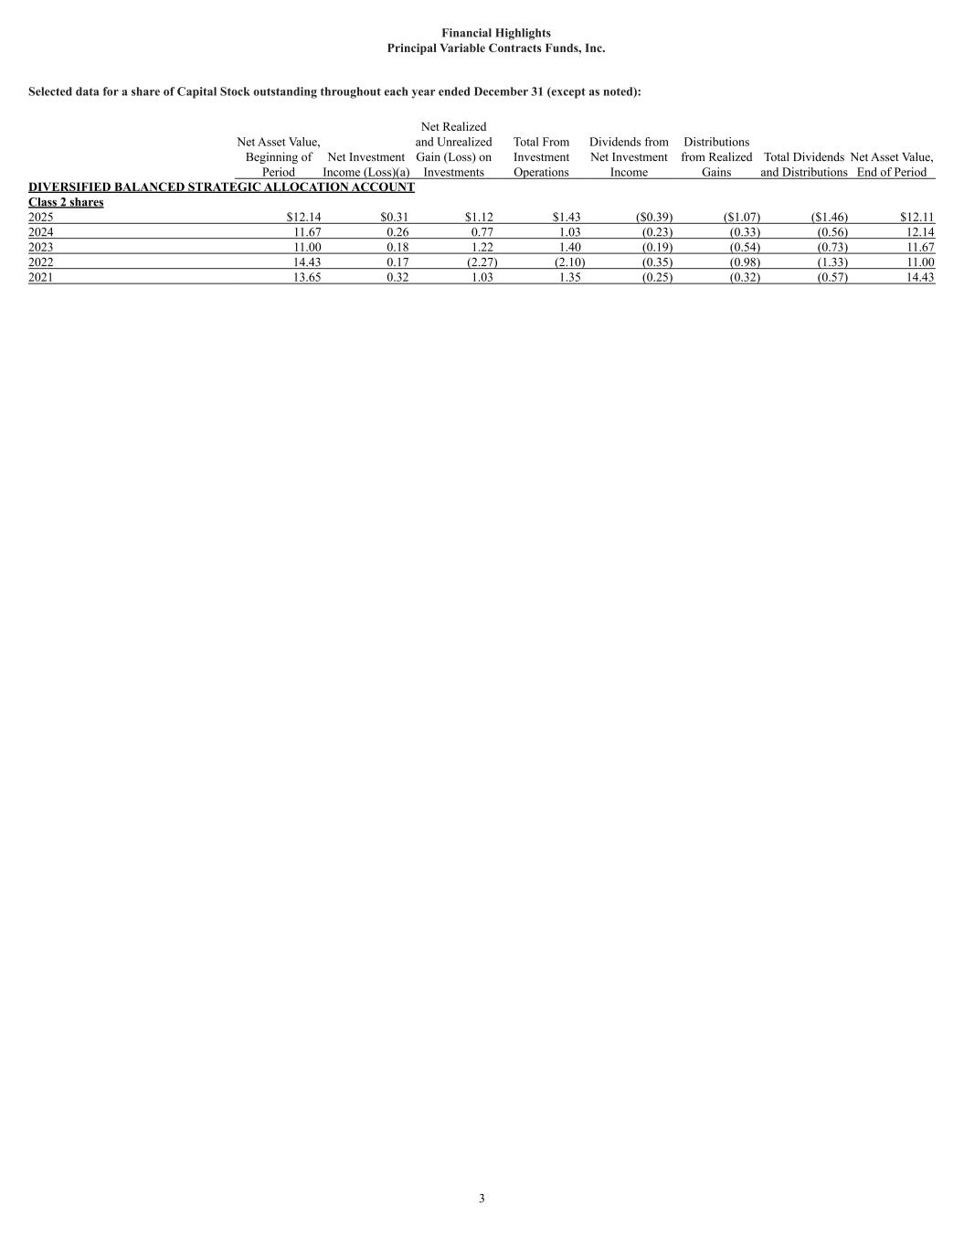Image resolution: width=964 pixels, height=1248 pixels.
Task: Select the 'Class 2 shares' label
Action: [x=66, y=202]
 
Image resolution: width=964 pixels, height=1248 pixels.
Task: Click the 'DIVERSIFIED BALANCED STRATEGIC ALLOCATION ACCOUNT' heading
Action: [x=221, y=187]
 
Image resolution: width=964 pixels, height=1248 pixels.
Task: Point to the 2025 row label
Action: [x=41, y=218]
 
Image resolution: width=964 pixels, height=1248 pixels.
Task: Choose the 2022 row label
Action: [x=41, y=262]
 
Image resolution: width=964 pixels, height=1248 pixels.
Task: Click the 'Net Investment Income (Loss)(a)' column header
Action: [x=365, y=165]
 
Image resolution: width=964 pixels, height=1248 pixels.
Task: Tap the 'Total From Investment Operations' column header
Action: [x=541, y=157]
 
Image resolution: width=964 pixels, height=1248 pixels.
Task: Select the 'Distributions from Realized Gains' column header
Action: [x=716, y=157]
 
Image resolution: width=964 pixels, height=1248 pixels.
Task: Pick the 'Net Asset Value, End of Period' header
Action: [x=892, y=165]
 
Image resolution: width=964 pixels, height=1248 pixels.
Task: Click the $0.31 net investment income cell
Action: [x=394, y=218]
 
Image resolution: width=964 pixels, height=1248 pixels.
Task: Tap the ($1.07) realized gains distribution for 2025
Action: [x=741, y=218]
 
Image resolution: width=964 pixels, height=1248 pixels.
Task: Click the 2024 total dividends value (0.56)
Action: [x=832, y=232]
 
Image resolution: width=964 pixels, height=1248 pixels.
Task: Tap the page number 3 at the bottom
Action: [x=482, y=1199]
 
